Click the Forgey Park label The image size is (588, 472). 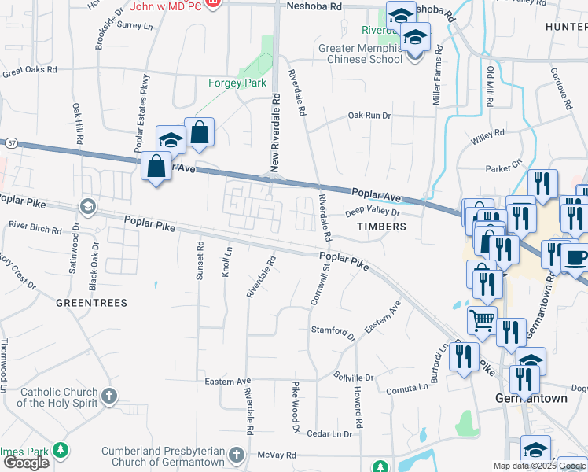coord(237,83)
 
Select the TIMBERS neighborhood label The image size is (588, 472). coord(382,226)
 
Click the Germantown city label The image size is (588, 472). coord(531,399)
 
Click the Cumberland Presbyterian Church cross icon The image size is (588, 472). coord(237,454)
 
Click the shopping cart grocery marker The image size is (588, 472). coord(481,319)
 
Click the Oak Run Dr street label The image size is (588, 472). coord(369,116)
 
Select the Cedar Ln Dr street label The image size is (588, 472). coord(329,433)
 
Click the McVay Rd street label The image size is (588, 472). coord(280,455)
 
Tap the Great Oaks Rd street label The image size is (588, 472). coord(30,71)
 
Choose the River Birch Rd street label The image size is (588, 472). coord(35,230)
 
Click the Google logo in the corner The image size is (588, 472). coord(26,463)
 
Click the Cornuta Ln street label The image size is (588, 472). coord(406,389)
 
